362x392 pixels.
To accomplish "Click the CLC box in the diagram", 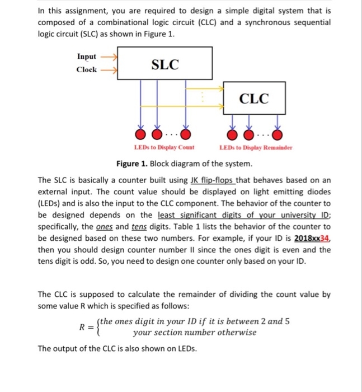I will [x=254, y=99].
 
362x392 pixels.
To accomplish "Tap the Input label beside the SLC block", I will [x=87, y=57].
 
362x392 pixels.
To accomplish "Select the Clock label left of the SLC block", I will [x=86, y=70].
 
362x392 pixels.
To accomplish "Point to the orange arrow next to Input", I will [x=108, y=57].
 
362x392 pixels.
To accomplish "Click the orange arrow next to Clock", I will [x=108, y=70].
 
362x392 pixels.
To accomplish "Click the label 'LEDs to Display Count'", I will [x=164, y=148].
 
